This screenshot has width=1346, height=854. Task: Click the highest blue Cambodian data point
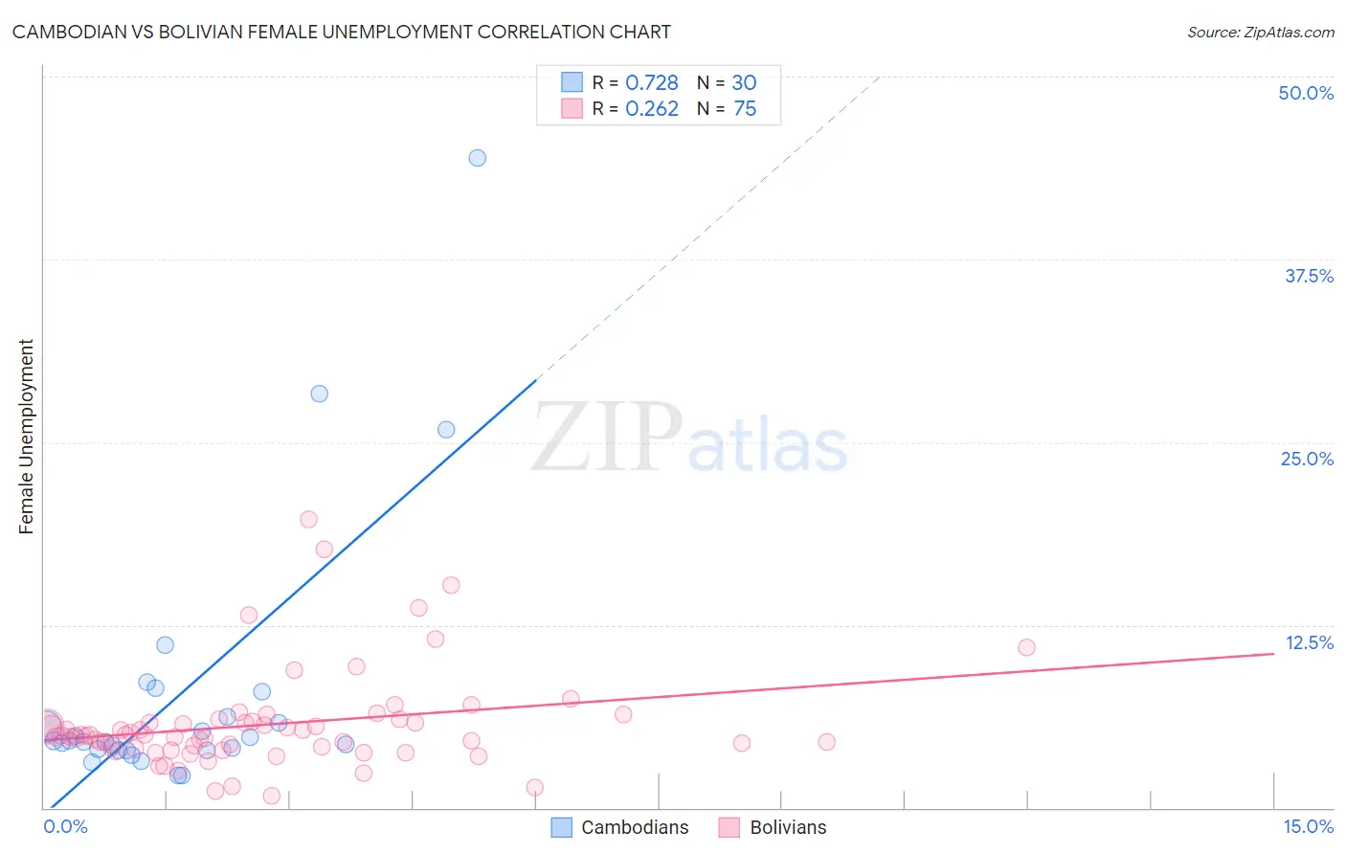pos(477,158)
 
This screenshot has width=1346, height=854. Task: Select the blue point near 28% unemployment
pos(320,393)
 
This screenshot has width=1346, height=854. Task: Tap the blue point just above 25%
pos(446,430)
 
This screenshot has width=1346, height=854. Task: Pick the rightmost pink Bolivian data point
pos(1026,647)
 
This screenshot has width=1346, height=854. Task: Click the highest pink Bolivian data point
pos(308,519)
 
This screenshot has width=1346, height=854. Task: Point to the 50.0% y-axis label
pos(1306,93)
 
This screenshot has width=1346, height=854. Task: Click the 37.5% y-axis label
pos(1309,276)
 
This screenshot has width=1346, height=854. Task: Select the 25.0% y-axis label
pos(1307,459)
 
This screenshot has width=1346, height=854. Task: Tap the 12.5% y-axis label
pos(1309,642)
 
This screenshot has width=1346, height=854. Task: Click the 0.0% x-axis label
pos(65,827)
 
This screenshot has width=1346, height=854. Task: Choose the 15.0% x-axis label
pos(1308,827)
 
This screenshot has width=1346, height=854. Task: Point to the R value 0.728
pos(652,83)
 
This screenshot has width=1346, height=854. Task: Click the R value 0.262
pos(652,109)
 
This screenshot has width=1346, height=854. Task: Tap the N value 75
pos(745,109)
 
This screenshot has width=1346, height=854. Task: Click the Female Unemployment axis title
pos(26,437)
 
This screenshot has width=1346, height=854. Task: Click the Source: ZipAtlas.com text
pos(1260,32)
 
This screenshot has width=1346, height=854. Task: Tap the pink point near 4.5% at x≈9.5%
pos(826,742)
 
